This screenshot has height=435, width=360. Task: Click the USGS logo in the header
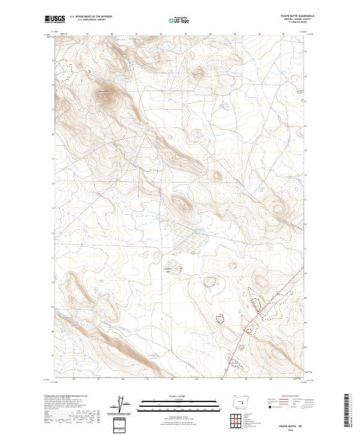[x=55, y=20]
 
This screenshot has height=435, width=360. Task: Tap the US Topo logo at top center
[x=179, y=20]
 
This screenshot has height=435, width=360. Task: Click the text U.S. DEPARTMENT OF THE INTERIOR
[x=91, y=17]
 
